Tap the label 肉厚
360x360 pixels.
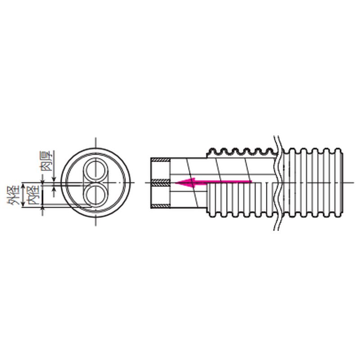point(47,161)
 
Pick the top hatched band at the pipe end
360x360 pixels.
point(161,160)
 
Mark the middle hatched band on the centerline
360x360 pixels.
point(161,183)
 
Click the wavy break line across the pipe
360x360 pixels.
point(278,183)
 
